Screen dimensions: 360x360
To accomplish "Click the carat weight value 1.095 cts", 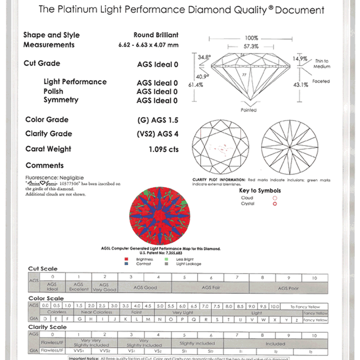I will [x=163, y=150].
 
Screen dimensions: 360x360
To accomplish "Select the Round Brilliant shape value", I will [x=156, y=35].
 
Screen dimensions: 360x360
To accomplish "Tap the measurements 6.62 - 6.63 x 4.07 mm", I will [x=148, y=45].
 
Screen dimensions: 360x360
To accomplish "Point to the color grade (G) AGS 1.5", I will [x=158, y=120].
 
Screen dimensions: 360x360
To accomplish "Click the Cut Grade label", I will [x=42, y=63].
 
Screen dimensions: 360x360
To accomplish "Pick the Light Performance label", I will [x=75, y=82].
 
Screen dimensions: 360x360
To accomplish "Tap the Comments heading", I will [x=45, y=166].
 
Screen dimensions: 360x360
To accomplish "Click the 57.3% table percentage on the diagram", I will [x=251, y=46].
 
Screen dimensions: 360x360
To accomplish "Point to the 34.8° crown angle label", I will [x=204, y=58].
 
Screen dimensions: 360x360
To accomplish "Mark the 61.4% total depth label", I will [x=194, y=84].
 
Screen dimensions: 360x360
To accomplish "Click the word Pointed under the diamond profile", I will [x=248, y=110].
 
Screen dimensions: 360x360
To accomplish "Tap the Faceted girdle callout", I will [x=321, y=81].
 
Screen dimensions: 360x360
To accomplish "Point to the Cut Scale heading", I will [x=43, y=269].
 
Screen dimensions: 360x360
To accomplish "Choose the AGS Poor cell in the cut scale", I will [x=288, y=289].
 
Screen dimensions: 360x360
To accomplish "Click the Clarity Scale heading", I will [x=47, y=327].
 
